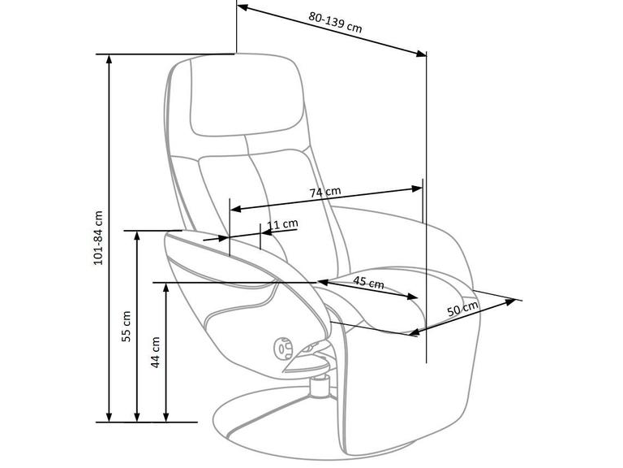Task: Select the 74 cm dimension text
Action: click(324, 193)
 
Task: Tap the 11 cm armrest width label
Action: click(282, 223)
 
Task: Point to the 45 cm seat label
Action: click(369, 283)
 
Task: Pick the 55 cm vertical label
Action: click(127, 327)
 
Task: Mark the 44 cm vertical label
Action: click(156, 353)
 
